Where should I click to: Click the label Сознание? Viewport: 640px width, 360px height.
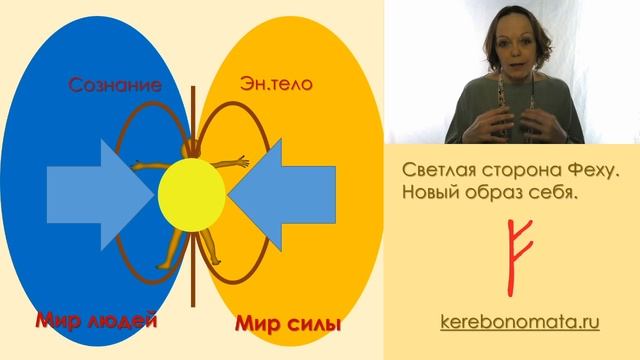(x=116, y=85)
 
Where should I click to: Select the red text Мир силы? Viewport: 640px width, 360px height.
(x=289, y=324)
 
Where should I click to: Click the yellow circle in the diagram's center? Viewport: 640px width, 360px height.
(x=192, y=192)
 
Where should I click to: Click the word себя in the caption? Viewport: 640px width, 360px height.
(x=554, y=190)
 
